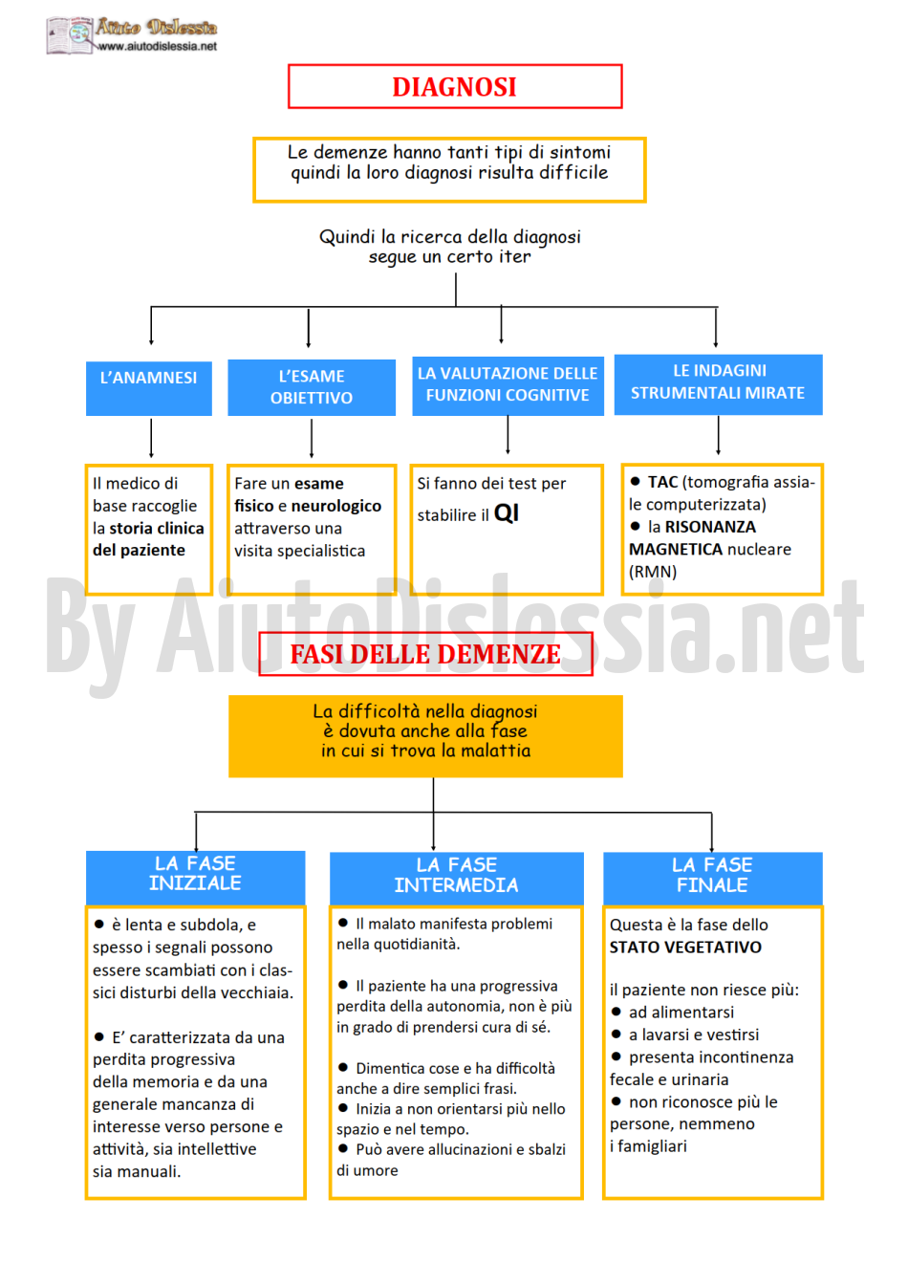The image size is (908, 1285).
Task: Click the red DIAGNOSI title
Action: coord(454,87)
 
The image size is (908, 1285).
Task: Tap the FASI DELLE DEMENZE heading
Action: coord(425,654)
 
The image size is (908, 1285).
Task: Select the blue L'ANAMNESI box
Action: coord(148,388)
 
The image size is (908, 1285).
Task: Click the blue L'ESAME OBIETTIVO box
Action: coord(312,387)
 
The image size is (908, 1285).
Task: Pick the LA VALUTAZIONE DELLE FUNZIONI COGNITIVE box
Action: coord(508,385)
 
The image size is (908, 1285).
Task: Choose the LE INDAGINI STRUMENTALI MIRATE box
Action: coord(718,384)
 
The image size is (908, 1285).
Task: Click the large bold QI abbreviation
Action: coord(506,512)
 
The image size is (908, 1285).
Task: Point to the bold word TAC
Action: coord(662,482)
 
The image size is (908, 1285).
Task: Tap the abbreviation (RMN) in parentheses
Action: coord(653,572)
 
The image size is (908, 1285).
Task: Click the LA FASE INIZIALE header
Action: coord(195,877)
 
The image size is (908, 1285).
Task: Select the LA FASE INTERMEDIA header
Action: coord(457,879)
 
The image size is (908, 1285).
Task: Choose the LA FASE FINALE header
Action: coord(712,879)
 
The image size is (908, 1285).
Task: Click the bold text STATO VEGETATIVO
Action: coord(685,947)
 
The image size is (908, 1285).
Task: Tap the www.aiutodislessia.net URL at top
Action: coord(157,46)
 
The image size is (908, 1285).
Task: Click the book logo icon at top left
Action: coord(70,35)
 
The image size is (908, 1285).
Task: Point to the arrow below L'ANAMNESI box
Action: coord(151,438)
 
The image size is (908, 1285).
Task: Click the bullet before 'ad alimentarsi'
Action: coord(616,1012)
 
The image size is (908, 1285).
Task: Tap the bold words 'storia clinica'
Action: coord(157,528)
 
